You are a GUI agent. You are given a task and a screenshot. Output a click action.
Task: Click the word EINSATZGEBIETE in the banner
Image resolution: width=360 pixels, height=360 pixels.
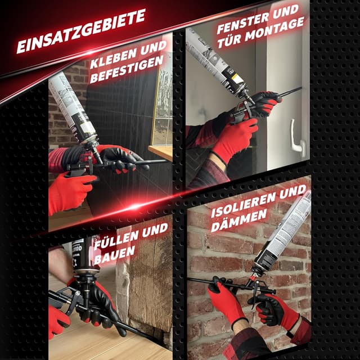[81, 31]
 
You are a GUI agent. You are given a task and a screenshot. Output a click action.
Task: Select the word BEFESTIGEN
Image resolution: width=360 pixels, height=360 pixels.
[127, 69]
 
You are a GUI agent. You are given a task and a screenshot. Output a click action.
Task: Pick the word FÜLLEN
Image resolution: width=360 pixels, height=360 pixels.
[116, 239]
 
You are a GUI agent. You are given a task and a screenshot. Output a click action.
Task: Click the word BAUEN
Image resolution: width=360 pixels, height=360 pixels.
[114, 255]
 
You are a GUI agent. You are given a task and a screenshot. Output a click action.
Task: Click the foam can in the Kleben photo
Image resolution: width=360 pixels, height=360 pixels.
[73, 109]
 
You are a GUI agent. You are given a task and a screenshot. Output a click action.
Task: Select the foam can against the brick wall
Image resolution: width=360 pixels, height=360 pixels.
[283, 232]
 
